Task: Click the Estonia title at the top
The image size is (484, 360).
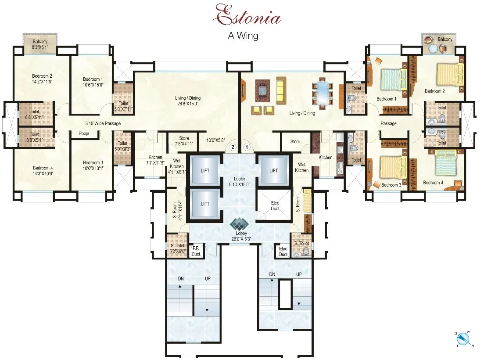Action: coord(247,17)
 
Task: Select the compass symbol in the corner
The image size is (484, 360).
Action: coord(463,339)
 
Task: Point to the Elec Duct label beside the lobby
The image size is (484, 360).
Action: coord(275,206)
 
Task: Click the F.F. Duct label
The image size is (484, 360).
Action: coord(196,252)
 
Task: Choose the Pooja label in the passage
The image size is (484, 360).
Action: coord(85,133)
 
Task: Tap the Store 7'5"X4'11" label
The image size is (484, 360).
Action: coord(184,141)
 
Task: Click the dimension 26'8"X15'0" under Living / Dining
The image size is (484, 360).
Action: coord(187,104)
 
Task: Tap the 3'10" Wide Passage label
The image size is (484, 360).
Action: coord(103,123)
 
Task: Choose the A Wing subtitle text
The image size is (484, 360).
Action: coord(243,36)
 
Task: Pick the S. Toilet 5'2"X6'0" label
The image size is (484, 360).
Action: coord(178,248)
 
